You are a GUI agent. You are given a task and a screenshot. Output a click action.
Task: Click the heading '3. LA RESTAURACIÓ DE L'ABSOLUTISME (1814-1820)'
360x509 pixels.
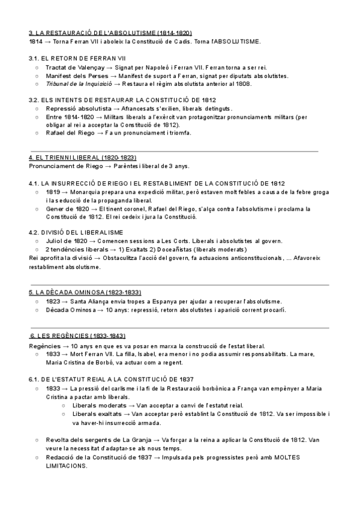click(x=110, y=32)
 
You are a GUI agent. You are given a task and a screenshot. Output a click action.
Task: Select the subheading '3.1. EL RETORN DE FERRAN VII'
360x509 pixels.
click(x=77, y=58)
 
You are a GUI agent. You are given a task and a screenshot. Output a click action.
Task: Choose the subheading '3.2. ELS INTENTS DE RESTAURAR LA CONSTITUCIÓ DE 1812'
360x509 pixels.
click(x=122, y=100)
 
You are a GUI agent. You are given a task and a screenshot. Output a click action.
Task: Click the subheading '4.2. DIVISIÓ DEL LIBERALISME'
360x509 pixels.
click(x=76, y=232)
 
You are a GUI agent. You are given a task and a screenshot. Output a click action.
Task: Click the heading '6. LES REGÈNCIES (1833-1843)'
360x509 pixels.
click(x=77, y=336)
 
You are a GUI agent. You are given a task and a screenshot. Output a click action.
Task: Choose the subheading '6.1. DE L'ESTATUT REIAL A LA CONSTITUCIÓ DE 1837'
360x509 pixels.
click(x=110, y=379)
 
